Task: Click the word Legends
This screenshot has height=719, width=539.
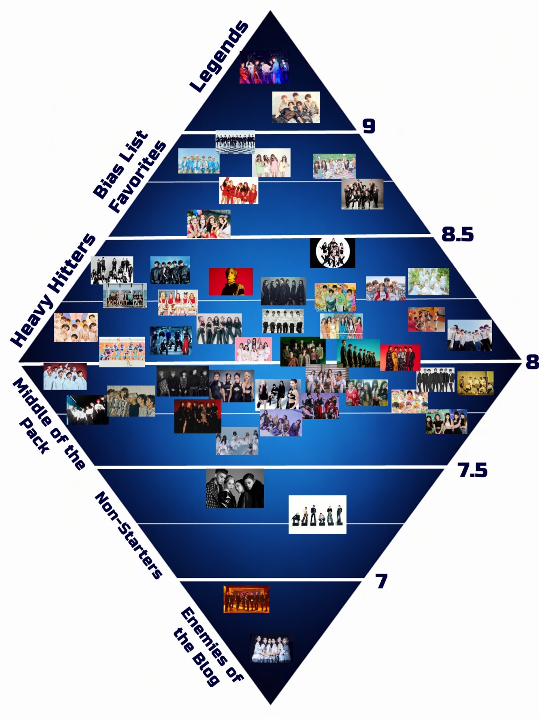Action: pos(219,56)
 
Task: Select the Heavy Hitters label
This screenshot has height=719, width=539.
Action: pos(53,290)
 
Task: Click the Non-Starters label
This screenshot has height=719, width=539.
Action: pos(128,535)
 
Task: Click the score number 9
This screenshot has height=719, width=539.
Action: pos(369,126)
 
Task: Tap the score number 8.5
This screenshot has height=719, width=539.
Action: pos(458,234)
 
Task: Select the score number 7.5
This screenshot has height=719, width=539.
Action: pos(473,470)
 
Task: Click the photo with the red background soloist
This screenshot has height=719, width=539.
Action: pos(231,281)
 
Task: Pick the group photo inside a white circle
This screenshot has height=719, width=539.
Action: pos(333,253)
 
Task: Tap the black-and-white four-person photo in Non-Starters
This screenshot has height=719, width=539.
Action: pos(235,488)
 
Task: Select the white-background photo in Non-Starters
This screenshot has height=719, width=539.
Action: pos(318,514)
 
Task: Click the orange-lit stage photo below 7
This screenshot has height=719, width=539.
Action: pos(246,599)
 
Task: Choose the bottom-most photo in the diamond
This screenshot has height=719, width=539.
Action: pos(271,649)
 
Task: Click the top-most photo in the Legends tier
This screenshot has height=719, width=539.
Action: pos(264,67)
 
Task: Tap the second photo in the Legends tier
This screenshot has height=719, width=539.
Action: pos(296,107)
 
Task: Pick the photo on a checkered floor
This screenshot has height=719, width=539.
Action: pos(235,142)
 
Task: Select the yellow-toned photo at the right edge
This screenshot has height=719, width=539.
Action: pos(475,383)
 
